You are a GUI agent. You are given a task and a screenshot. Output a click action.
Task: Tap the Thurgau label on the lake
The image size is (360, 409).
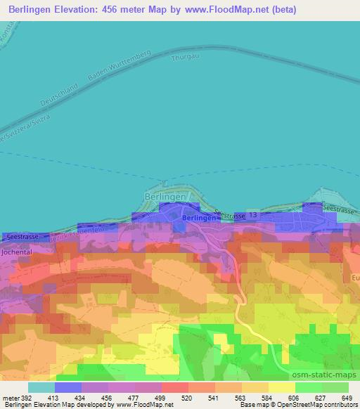tap(181, 60)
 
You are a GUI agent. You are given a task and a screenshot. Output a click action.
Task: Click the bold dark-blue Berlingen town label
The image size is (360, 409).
tap(198, 219)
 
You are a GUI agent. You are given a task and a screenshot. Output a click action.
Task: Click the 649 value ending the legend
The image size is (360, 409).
tap(345, 398)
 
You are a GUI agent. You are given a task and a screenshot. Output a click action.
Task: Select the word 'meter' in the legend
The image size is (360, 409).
tap(11, 398)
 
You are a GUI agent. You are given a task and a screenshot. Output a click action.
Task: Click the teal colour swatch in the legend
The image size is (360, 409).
tap(41, 387)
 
